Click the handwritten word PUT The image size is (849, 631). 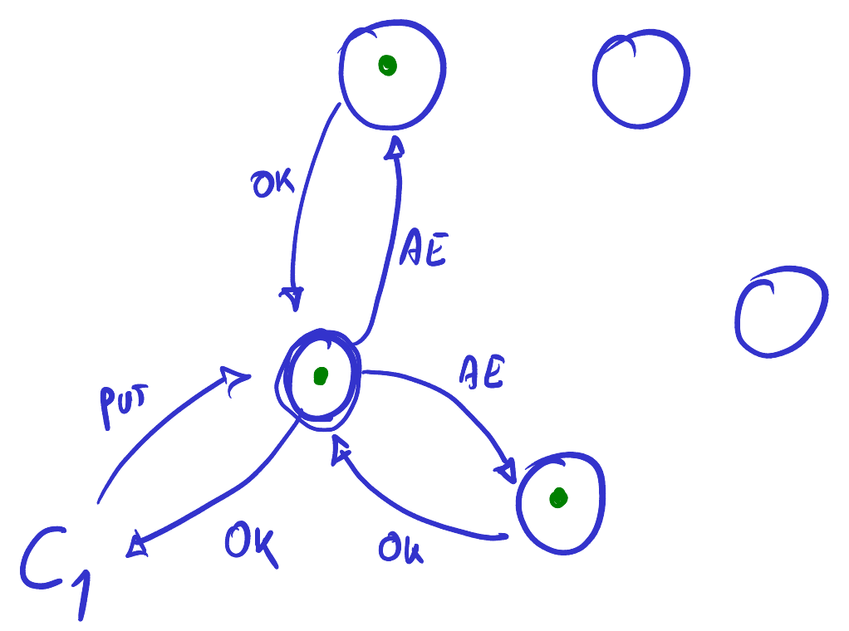pos(123,405)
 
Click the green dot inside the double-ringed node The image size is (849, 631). pos(321,375)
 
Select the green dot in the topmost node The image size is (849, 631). pos(387,66)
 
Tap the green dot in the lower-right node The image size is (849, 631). pos(558,498)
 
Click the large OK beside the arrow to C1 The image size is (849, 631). pos(251,543)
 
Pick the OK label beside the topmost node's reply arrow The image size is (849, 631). pos(272,183)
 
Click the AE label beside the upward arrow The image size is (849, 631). pos(424,249)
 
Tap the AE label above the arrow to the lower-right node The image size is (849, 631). pos(482,372)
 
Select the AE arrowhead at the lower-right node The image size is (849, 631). pos(507,471)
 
